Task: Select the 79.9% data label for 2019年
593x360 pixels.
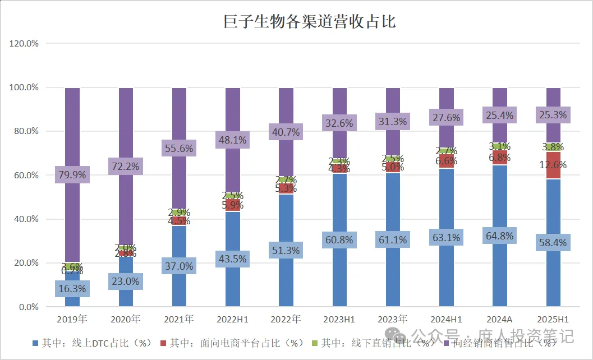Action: [x=71, y=174]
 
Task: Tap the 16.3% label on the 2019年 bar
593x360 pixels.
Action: [x=71, y=288]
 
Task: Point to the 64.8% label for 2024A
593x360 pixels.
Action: [x=499, y=236]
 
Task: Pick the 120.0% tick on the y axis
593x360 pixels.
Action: [x=23, y=44]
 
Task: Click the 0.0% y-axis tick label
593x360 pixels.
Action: [x=27, y=307]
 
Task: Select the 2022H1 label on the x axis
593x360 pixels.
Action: [x=232, y=320]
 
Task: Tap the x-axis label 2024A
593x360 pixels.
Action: [x=499, y=320]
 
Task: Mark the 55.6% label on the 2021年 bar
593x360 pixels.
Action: [x=178, y=149]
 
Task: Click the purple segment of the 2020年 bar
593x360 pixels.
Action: [x=126, y=123]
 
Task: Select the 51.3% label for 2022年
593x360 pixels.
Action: [x=286, y=250]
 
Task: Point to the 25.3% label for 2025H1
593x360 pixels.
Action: [x=553, y=115]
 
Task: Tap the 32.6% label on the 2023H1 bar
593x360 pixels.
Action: [x=339, y=123]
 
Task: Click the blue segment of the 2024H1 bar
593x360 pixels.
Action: [x=446, y=269]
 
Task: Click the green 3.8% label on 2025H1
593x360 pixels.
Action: [x=553, y=147]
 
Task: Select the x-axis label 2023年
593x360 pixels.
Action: [x=393, y=320]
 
